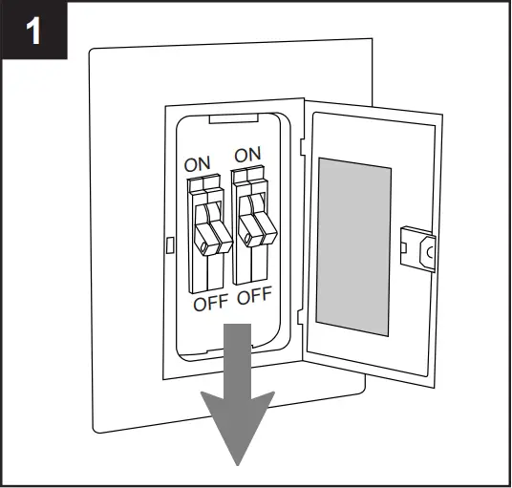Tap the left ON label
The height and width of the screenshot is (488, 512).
click(198, 163)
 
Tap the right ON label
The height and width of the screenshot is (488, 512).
click(247, 155)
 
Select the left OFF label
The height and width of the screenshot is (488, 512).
click(211, 306)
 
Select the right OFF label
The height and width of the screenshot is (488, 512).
click(255, 297)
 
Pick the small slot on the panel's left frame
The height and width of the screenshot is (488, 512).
click(170, 244)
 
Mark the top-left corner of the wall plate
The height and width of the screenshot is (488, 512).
click(90, 51)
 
